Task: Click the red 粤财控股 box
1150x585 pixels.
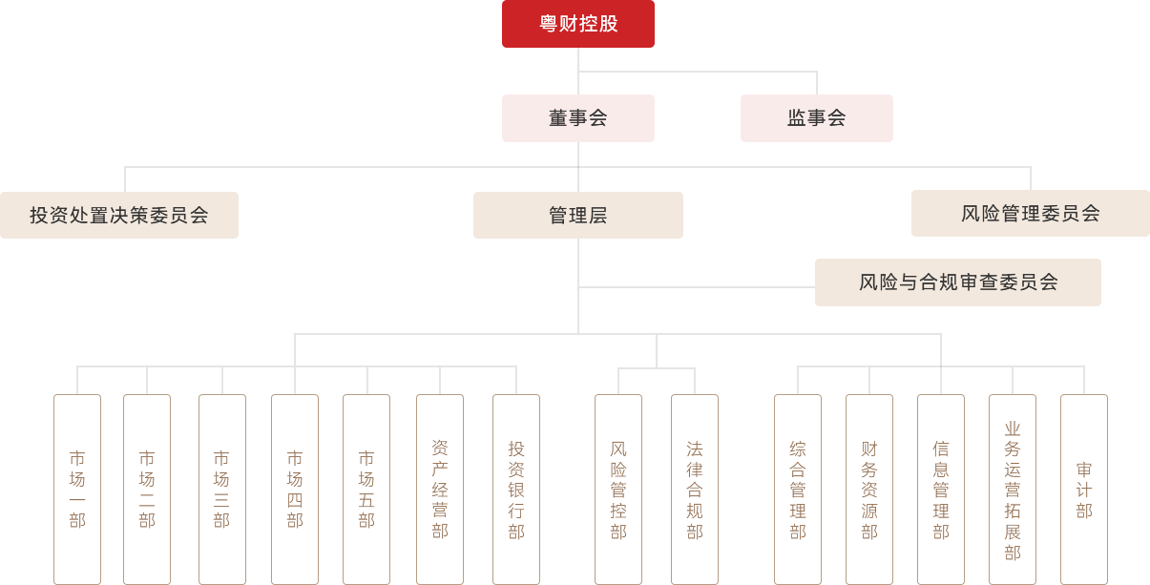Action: (x=577, y=24)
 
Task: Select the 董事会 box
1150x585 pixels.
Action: (x=577, y=118)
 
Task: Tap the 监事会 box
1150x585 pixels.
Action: (x=816, y=118)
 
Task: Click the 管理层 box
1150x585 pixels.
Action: (x=577, y=215)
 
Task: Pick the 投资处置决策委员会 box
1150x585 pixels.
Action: (x=119, y=215)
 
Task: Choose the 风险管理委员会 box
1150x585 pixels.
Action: (x=1030, y=213)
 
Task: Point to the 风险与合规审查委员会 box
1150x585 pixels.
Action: (x=957, y=282)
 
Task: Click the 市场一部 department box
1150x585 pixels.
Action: (x=77, y=489)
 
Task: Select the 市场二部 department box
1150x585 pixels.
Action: (x=147, y=489)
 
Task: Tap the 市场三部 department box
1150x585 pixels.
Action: (x=221, y=489)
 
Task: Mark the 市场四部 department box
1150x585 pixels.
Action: (x=294, y=489)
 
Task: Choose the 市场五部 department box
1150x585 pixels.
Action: (x=366, y=489)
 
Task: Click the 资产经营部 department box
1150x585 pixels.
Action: (x=440, y=489)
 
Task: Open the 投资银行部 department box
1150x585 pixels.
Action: (x=516, y=489)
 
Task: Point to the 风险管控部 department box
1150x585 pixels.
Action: (x=618, y=489)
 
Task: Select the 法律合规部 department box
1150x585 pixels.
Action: (x=695, y=489)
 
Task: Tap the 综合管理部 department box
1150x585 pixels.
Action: (x=798, y=489)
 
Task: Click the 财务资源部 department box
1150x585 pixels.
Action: (x=869, y=489)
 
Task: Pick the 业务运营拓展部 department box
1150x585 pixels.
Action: (x=1013, y=489)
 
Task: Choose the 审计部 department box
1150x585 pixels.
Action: (x=1084, y=489)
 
